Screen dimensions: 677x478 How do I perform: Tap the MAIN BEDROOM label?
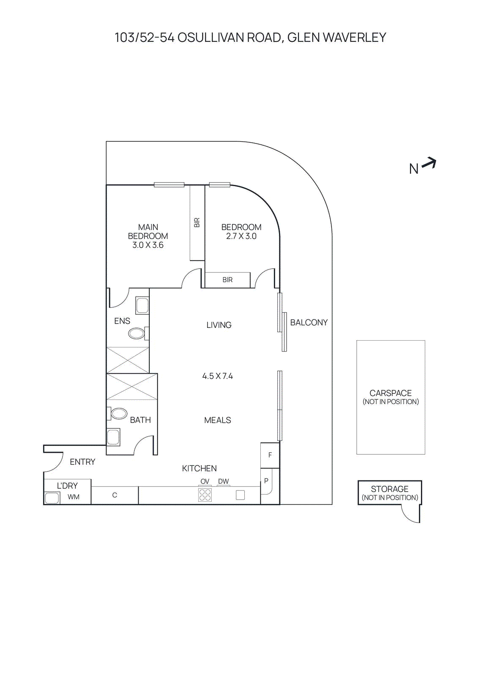[148, 231]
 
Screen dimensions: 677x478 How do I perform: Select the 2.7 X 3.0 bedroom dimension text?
[241, 237]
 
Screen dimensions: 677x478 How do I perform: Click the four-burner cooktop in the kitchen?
[205, 495]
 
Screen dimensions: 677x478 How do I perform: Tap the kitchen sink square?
[240, 495]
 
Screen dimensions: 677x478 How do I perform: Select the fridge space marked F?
[270, 455]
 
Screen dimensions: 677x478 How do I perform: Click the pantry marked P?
[266, 481]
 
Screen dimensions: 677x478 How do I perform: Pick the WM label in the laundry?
[74, 497]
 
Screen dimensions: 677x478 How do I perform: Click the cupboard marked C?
[115, 495]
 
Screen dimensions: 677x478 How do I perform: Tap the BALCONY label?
[309, 323]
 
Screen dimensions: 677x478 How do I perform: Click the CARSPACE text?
[391, 393]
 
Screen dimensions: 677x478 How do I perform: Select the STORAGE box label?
[390, 489]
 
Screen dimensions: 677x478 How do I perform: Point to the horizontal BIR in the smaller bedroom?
[227, 280]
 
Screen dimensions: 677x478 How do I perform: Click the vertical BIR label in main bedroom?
[197, 223]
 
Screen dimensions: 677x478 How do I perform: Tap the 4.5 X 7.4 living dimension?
[217, 376]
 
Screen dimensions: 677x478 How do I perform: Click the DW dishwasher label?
[223, 482]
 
